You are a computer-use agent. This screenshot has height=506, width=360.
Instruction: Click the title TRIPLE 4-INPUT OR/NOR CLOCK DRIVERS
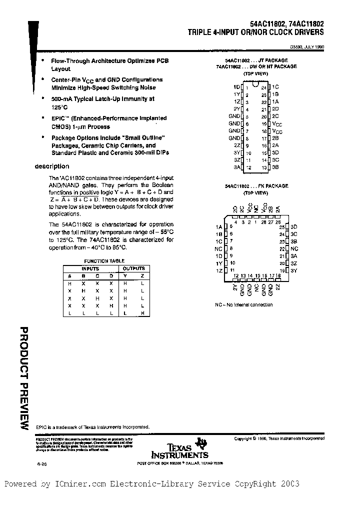255,32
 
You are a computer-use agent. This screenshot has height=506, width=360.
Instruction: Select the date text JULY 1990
313,48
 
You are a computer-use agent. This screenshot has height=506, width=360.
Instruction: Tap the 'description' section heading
52,166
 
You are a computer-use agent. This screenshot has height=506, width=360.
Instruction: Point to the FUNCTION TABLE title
104,261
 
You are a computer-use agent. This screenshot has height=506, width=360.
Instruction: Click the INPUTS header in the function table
90,268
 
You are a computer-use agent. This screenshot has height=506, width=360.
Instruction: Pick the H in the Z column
142,313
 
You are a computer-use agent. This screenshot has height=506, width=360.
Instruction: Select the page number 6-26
42,464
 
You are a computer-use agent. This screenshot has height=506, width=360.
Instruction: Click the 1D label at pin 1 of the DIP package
236,87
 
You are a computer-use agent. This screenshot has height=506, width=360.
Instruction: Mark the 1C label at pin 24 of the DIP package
275,87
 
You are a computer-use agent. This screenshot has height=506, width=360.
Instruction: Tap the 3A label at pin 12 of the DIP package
236,167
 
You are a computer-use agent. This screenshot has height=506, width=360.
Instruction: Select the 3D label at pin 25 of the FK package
294,226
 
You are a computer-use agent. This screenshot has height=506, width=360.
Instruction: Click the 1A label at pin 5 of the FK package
218,226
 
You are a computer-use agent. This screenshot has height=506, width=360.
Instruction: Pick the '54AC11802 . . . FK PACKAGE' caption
256,185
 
